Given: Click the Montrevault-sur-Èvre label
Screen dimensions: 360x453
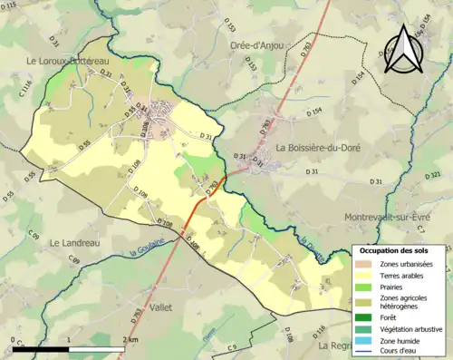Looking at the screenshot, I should [397, 218].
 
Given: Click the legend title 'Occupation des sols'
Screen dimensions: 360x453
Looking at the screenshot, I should [399, 249].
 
